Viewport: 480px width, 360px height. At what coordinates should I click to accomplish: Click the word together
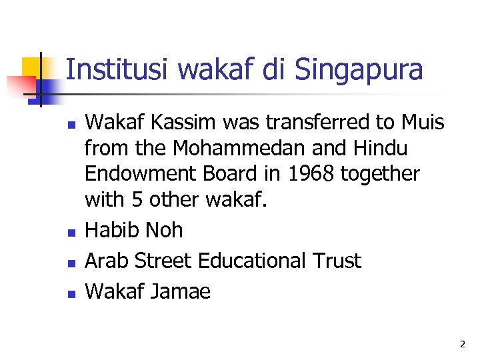pos(380,173)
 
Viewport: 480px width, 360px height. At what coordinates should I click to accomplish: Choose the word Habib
pos(109,231)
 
